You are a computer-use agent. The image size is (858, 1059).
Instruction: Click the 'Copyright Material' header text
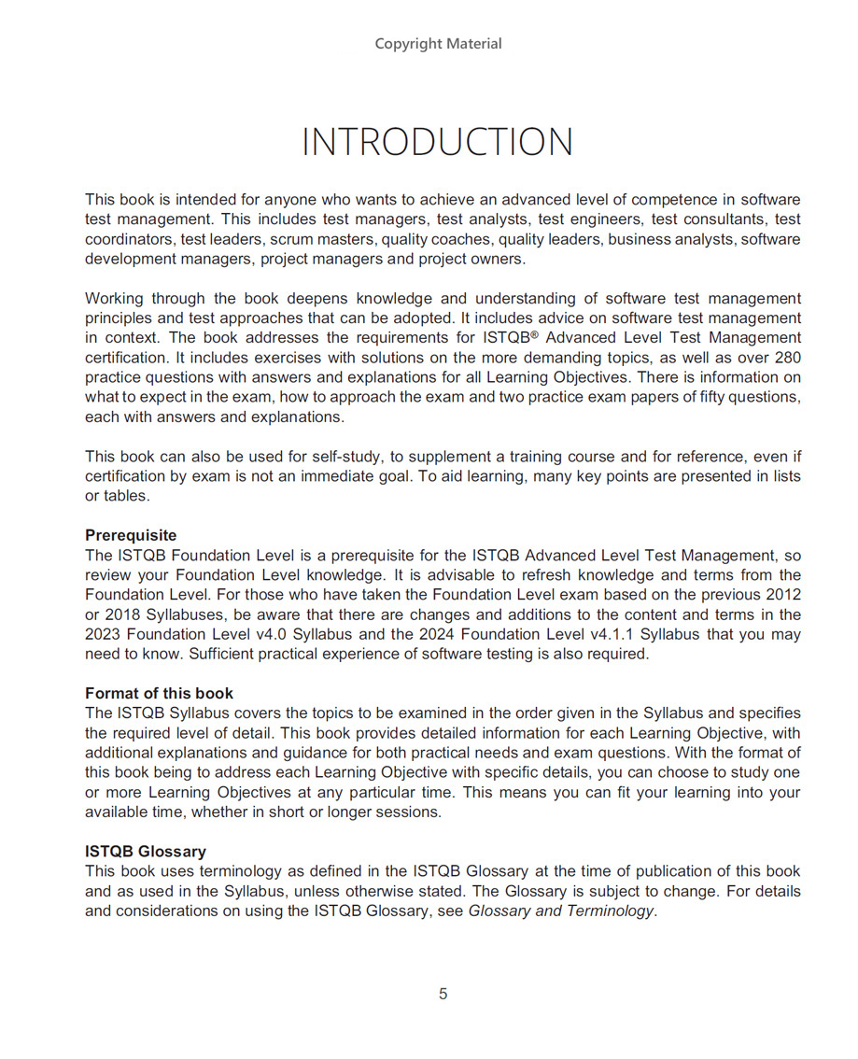pyautogui.click(x=438, y=44)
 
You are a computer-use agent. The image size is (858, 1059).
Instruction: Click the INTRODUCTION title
pyautogui.click(x=437, y=142)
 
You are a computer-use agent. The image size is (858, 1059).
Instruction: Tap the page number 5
pyautogui.click(x=443, y=994)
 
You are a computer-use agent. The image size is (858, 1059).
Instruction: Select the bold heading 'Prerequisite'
pyautogui.click(x=131, y=535)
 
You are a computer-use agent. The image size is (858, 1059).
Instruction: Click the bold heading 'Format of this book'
pyautogui.click(x=159, y=693)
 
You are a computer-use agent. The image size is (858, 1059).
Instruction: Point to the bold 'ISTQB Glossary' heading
pyautogui.click(x=146, y=852)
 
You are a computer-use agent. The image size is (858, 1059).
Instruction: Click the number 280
pyautogui.click(x=786, y=358)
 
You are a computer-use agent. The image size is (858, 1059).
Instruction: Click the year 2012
pyautogui.click(x=782, y=594)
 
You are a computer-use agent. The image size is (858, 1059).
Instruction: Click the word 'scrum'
pyautogui.click(x=291, y=240)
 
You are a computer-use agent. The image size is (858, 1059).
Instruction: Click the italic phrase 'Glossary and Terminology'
pyautogui.click(x=561, y=911)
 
